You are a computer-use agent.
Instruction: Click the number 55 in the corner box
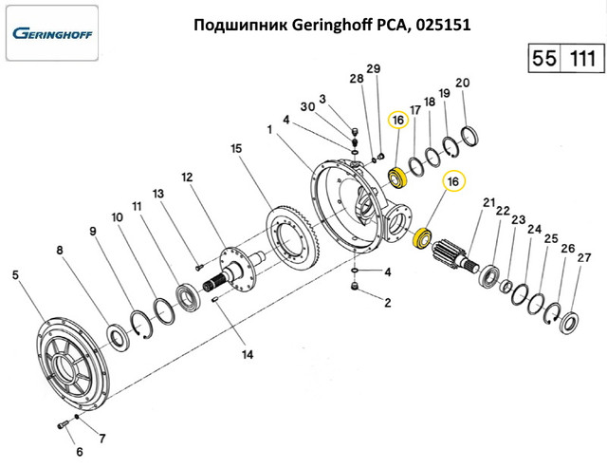pos(544,58)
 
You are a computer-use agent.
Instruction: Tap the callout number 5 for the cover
pos(15,275)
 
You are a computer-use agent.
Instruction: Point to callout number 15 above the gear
pos(236,149)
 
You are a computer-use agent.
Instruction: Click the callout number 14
pos(248,356)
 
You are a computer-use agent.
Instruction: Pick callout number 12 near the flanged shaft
pos(187,178)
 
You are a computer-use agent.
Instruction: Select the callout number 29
pos(373,68)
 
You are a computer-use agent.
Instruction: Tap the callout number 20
pos(462,84)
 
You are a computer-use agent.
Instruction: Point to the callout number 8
pos(60,251)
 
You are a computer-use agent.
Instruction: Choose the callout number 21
pos(489,203)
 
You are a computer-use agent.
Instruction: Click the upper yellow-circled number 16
pos(397,120)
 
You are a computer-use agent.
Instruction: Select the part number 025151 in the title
pos(442,24)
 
